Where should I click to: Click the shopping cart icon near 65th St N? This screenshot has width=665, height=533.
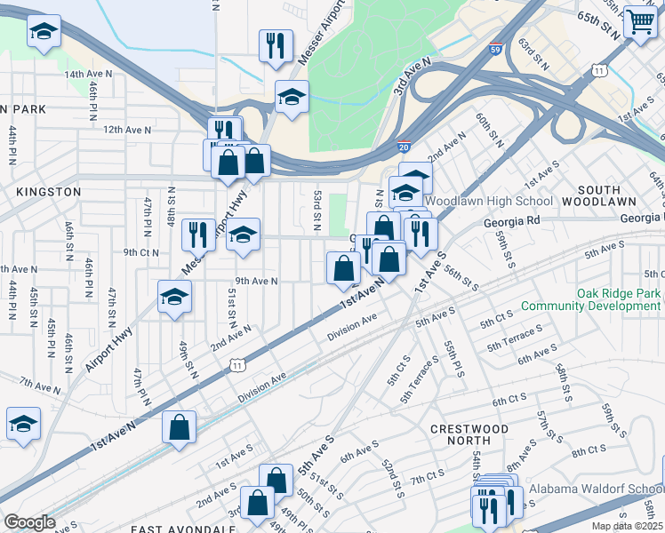[640, 22]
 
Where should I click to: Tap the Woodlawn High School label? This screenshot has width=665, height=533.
[495, 202]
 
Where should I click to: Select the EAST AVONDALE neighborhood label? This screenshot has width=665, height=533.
[182, 529]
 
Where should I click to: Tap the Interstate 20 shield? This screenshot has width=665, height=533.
[403, 147]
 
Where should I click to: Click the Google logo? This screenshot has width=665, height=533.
[29, 522]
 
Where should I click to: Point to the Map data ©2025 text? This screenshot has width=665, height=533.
[628, 526]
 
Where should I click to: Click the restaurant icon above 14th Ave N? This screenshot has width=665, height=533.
[276, 44]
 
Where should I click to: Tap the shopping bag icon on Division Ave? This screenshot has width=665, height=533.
[180, 426]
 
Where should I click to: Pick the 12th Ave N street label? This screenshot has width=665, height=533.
[127, 130]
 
